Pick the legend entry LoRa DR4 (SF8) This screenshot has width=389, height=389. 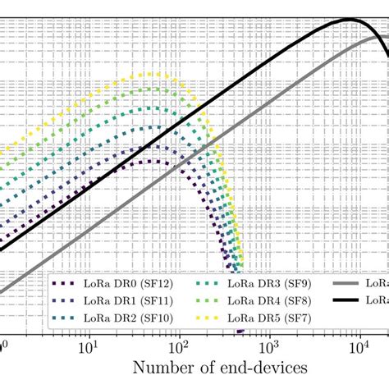[x=266, y=300]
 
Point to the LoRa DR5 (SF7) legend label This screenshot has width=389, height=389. [x=266, y=318]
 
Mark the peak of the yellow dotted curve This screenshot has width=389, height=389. [x=152, y=74]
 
